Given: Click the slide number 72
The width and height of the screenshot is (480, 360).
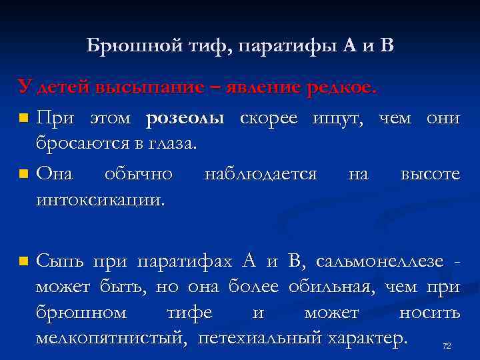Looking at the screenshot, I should tap(447, 345).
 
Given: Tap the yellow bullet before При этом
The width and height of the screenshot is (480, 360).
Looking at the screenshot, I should tap(24, 119).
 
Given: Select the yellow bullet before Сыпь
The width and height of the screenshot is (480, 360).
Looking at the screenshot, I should tap(24, 261).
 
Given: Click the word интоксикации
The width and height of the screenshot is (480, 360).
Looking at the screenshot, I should tap(100, 199).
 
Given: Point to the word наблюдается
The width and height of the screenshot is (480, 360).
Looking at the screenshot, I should tap(261, 174).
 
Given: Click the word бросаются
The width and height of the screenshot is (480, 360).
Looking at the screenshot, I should tap(87, 143).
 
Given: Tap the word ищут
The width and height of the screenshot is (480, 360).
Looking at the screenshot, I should tap(339, 119).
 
